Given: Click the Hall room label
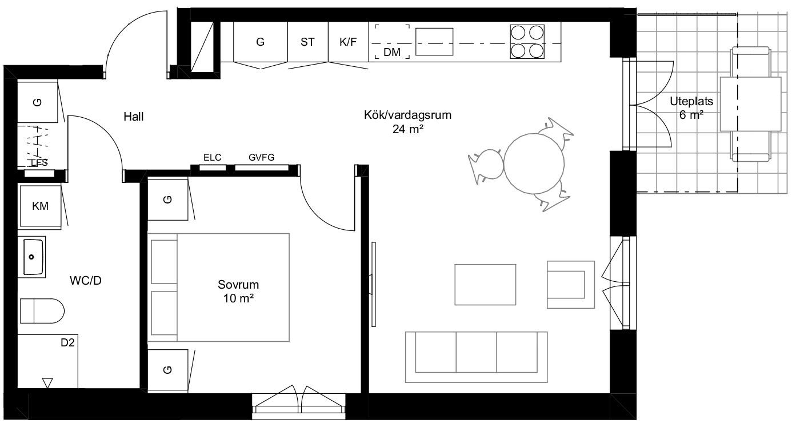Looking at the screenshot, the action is (x=134, y=117).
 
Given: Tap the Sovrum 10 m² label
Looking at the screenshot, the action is (x=238, y=291).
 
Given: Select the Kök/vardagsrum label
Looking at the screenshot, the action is (x=407, y=115).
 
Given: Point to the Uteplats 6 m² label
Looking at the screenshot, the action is (x=691, y=107).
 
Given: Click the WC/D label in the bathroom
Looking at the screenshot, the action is (x=86, y=281).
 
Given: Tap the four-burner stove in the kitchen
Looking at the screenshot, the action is (x=527, y=42).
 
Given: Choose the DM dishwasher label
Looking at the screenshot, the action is (x=392, y=52).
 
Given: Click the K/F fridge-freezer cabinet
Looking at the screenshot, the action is (x=348, y=42).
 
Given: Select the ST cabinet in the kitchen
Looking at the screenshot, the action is (x=308, y=42).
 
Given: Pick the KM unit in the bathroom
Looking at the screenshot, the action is (x=40, y=206).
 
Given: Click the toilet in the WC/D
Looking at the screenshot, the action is (x=42, y=311).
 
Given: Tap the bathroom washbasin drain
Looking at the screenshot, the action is (x=31, y=257).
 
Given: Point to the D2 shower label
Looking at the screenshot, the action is (x=67, y=342).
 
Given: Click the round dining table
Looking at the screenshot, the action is (x=534, y=163).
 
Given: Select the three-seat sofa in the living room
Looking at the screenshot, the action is (x=476, y=357).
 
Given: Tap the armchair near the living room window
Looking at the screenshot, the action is (x=571, y=285).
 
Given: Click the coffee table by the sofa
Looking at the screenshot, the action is (x=485, y=285).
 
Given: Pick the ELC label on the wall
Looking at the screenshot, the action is (x=212, y=158).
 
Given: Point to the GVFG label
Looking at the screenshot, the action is (x=262, y=158).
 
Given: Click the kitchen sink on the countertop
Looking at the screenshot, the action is (x=434, y=42).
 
